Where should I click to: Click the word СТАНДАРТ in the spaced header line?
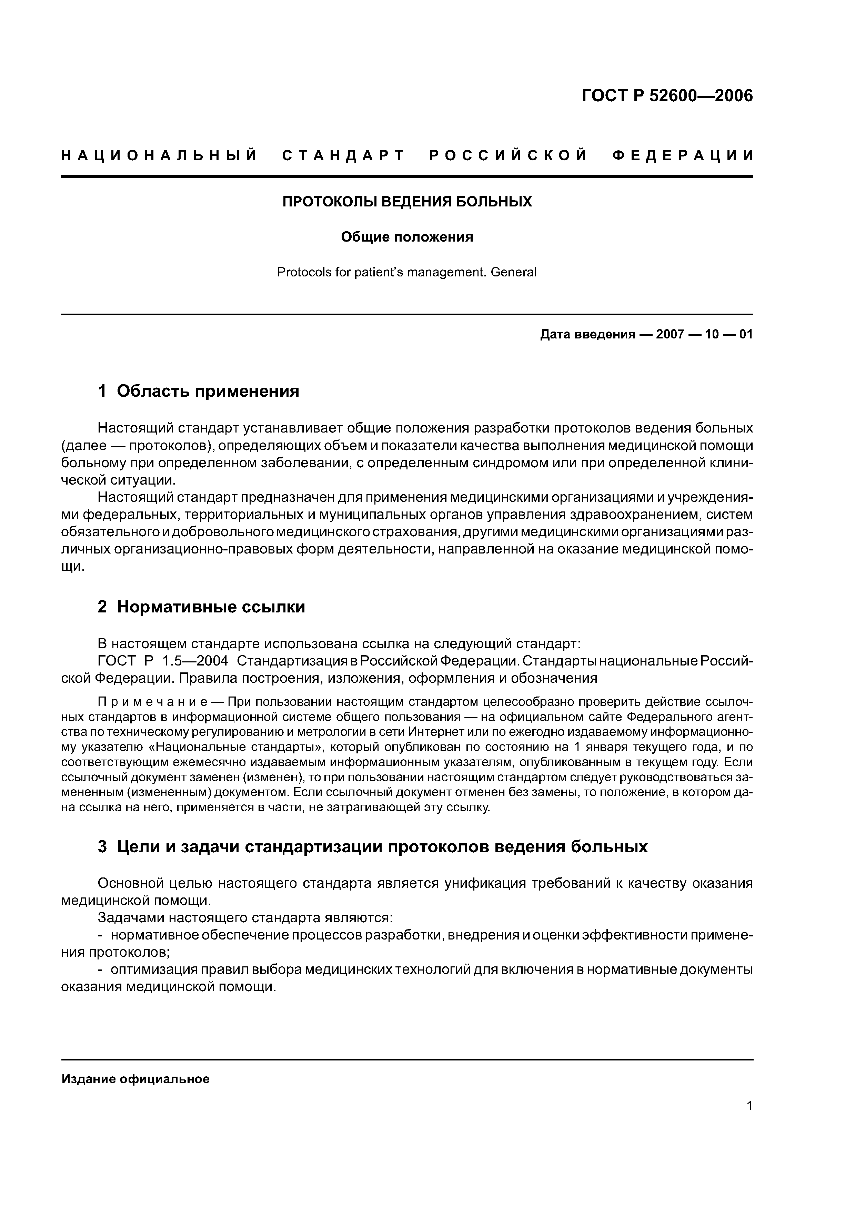343,155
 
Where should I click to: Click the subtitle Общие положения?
407,237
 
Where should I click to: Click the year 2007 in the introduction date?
670,334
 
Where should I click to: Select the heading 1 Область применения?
199,391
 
